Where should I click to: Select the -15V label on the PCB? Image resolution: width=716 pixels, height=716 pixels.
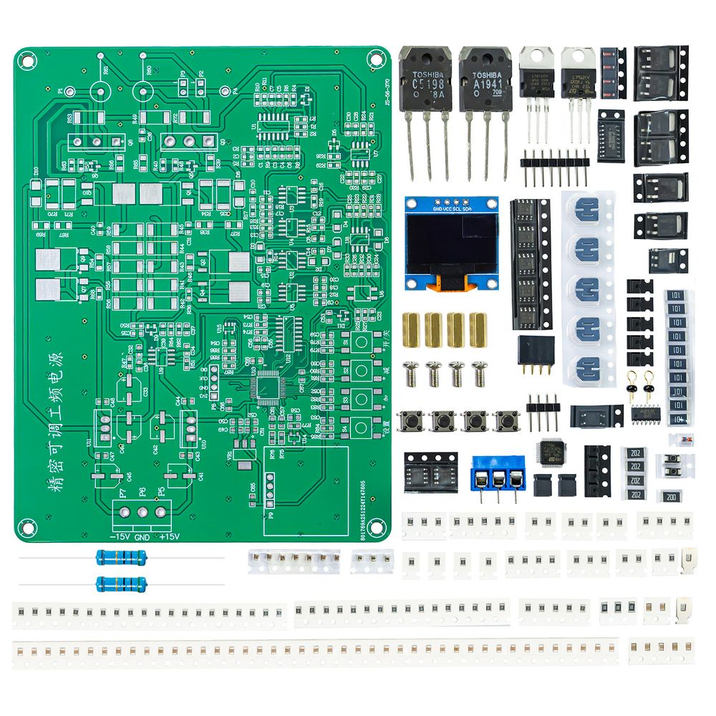click(x=119, y=537)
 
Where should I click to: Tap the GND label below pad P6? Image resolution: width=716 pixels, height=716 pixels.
click(x=141, y=537)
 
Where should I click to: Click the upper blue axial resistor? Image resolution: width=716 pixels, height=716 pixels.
click(x=121, y=557)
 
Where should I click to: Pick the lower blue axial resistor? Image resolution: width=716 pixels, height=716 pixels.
click(x=121, y=583)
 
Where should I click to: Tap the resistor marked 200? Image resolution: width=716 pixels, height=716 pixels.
click(x=672, y=496)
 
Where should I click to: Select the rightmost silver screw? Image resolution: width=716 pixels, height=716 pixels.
click(x=479, y=372)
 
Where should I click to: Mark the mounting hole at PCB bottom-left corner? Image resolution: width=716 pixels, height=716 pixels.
click(x=26, y=526)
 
